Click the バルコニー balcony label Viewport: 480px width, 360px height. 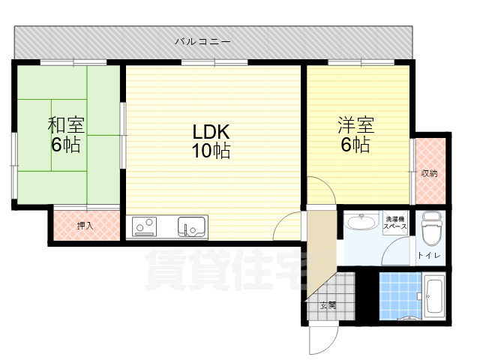[202, 40]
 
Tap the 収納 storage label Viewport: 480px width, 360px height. [429, 173]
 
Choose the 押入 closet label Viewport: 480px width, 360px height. [85, 225]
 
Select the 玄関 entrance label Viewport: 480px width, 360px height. [328, 305]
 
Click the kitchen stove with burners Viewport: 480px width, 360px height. [145, 225]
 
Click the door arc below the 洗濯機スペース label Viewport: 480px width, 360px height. [394, 251]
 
